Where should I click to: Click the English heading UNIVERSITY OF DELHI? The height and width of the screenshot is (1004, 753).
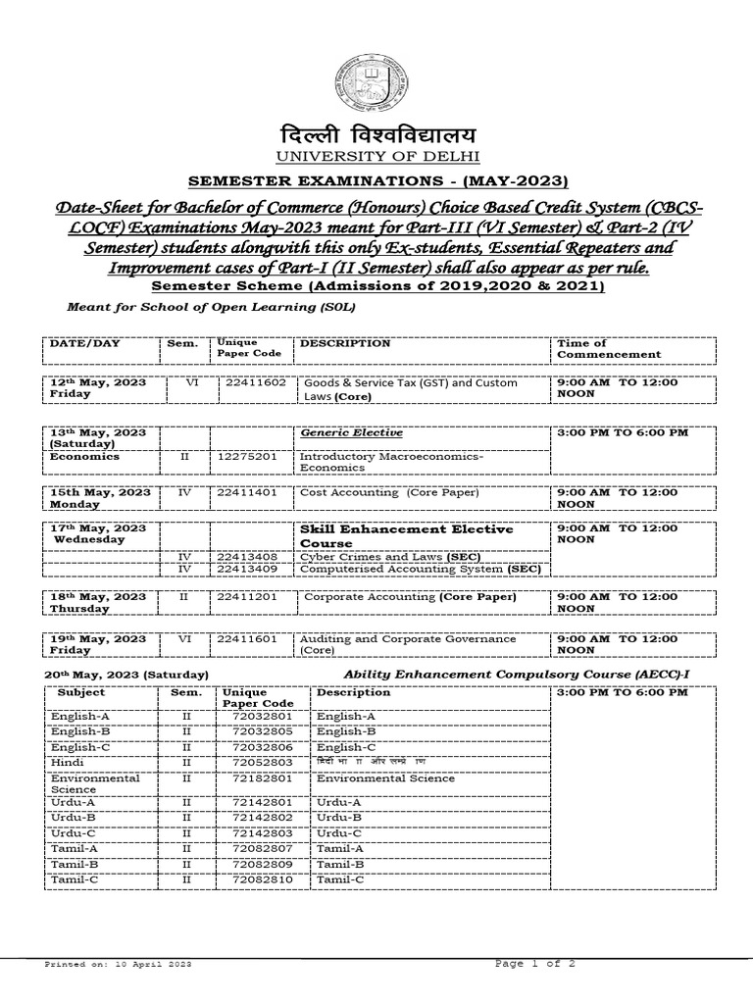pos(376,158)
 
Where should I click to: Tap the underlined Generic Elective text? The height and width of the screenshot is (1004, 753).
pos(337,431)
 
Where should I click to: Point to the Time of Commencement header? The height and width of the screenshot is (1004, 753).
pos(609,348)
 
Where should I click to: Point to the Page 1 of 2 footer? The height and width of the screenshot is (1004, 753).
pos(535,964)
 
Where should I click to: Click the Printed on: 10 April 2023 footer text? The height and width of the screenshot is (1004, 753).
pos(119,966)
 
